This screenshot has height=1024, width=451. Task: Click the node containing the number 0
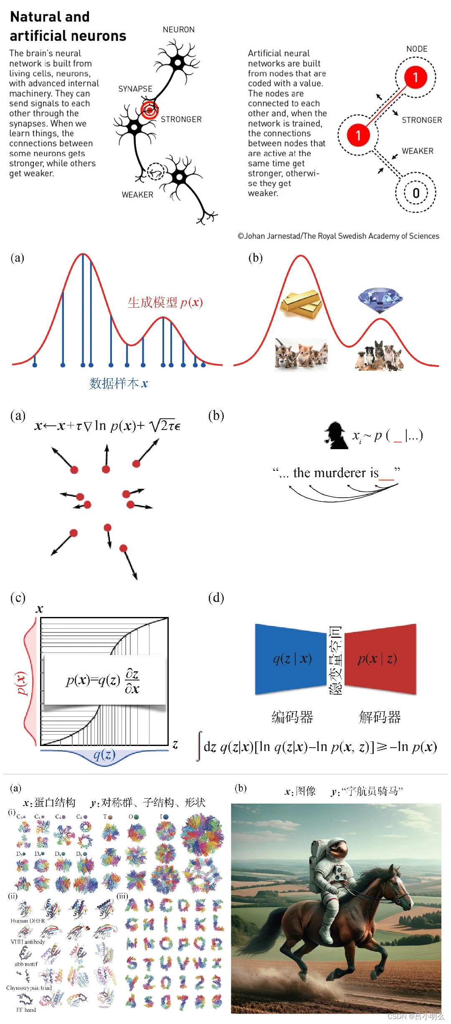[416, 193]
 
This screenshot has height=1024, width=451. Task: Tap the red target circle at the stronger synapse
[149, 110]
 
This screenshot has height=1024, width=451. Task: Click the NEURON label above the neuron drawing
[179, 30]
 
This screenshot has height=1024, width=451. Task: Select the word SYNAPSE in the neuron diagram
[135, 89]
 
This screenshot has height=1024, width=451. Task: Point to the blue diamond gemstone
[380, 299]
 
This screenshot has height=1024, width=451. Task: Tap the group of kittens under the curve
[301, 354]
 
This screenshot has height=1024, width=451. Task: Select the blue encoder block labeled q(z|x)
[291, 659]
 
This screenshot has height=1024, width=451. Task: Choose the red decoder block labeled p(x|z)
[379, 659]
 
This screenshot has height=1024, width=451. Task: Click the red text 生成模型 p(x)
[165, 302]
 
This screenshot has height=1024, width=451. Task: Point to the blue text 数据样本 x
[119, 383]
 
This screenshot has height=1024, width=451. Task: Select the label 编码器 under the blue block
[292, 717]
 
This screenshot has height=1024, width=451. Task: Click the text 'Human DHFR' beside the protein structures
[28, 920]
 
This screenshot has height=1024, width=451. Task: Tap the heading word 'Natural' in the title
[34, 17]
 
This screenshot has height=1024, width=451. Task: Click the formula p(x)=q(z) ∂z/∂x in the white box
[103, 680]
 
